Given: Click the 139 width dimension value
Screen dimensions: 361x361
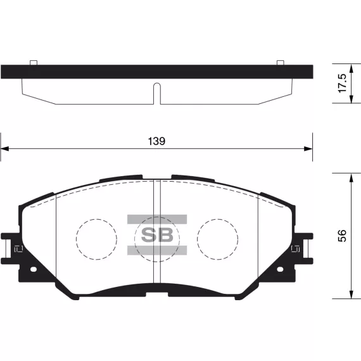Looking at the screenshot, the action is click(156, 141).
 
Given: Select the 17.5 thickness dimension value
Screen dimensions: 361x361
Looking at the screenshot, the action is click(342, 84).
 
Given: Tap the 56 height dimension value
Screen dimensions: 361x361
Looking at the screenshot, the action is click(342, 236).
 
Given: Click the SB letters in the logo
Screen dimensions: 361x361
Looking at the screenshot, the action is click(157, 235).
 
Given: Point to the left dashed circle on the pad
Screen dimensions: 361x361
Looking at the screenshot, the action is click(97, 239).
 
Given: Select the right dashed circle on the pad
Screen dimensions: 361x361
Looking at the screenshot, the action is click(218, 239).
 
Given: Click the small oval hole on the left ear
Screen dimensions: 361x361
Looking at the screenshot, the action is click(34, 269).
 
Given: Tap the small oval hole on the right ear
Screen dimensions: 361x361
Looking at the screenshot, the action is click(280, 269).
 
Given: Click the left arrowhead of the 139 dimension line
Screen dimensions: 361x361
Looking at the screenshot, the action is click(4, 149).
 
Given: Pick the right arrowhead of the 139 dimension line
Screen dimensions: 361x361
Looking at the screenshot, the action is click(308, 149).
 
